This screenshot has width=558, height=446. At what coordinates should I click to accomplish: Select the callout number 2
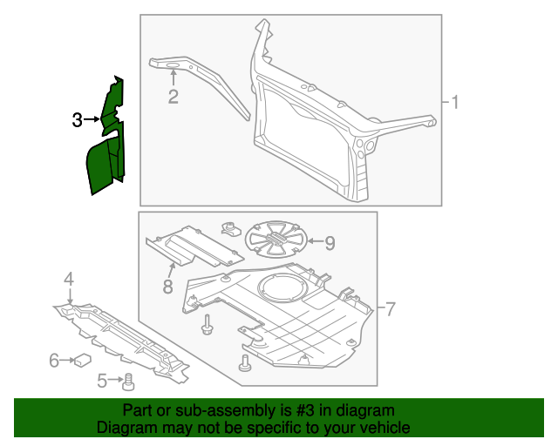pyautogui.click(x=173, y=97)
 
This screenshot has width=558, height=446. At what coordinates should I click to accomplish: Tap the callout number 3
pyautogui.click(x=77, y=119)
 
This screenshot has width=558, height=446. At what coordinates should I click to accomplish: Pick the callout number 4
pyautogui.click(x=67, y=279)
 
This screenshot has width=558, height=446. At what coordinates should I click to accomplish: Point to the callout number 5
pyautogui.click(x=102, y=380)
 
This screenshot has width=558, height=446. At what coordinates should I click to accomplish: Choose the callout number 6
pyautogui.click(x=54, y=359)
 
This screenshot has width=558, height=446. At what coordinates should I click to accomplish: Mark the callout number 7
pyautogui.click(x=391, y=309)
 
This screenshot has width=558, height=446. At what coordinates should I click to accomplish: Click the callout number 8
pyautogui.click(x=166, y=286)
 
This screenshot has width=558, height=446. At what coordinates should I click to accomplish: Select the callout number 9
pyautogui.click(x=330, y=241)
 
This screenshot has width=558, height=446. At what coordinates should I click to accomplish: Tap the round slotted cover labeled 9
pyautogui.click(x=275, y=239)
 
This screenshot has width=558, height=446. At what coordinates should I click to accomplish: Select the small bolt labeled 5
pyautogui.click(x=127, y=380)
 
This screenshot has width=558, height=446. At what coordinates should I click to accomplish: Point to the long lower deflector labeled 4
pyautogui.click(x=122, y=340)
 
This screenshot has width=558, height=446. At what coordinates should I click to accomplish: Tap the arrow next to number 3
pyautogui.click(x=92, y=119)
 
